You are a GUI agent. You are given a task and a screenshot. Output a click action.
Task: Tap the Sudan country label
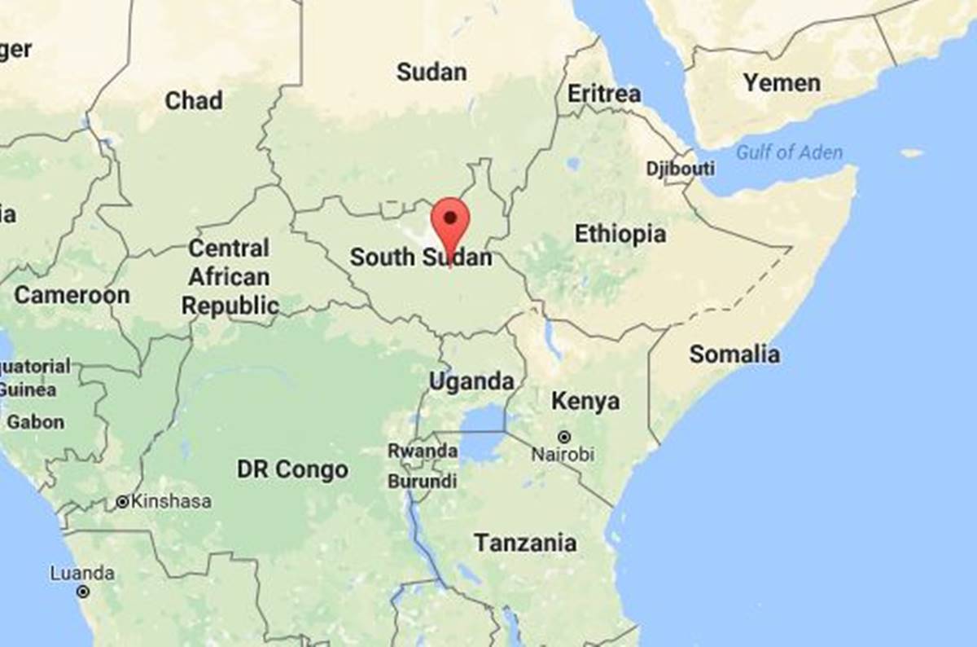432,72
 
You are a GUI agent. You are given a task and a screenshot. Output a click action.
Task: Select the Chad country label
193,100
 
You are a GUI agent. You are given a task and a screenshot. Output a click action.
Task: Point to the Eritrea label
603,94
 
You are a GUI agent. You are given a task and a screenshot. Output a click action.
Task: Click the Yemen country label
782,82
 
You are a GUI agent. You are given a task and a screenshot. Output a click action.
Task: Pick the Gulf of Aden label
789,152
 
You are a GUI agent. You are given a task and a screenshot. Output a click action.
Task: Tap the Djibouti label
680,169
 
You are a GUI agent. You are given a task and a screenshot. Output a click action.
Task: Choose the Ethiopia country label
620,234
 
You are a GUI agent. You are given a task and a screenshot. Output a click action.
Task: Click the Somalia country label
734,354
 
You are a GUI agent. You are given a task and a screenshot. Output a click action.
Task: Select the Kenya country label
585,401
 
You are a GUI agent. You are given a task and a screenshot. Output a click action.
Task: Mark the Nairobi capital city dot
563,437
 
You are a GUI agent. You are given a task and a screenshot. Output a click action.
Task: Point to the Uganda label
471,381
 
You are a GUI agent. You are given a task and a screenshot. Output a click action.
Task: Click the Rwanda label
422,451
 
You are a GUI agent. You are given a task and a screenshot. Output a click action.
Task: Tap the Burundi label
422,482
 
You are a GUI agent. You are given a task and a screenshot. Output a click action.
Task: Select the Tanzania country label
525,543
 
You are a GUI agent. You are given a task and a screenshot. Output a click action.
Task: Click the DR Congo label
292,469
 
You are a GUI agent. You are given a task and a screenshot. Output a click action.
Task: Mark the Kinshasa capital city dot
122,502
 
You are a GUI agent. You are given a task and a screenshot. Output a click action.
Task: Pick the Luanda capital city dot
82,592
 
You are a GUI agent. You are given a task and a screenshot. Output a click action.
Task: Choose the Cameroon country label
72,295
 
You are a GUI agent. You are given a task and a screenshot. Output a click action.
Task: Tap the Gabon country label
35,422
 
